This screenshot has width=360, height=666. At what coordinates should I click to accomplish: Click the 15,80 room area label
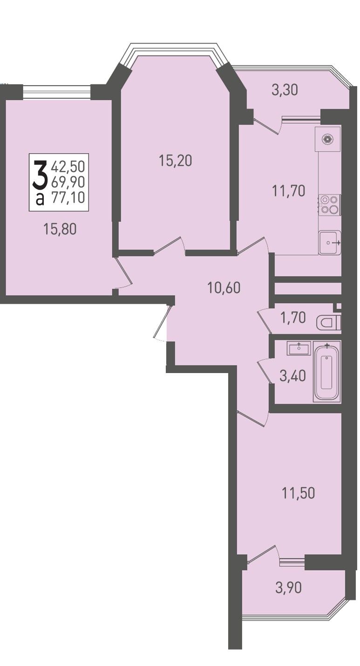coord(60,229)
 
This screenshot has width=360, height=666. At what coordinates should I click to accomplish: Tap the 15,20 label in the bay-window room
coord(176,161)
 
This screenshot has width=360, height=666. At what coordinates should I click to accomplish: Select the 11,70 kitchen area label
coord(289,191)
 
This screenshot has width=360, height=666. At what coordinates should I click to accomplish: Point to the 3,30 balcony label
coord(285,90)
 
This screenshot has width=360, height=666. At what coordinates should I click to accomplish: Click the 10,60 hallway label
coord(224,288)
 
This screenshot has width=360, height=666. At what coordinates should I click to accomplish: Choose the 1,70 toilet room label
coord(293,318)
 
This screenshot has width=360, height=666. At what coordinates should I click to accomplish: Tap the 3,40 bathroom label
coord(293,376)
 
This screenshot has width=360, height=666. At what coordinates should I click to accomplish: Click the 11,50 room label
coord(298,493)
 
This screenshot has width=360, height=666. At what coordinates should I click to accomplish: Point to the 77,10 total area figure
coord(68,197)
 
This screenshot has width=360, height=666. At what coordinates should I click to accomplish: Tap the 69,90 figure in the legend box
coord(68,181)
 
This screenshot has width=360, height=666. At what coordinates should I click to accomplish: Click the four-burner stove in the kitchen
coord(329,205)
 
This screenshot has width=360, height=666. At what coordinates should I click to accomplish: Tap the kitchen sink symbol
coord(329,243)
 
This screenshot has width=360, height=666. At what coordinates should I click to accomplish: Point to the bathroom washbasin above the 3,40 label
coord(299,348)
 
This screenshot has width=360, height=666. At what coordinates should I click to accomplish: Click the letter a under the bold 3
coord(40,198)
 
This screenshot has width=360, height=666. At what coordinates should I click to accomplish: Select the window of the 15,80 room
coord(56,92)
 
